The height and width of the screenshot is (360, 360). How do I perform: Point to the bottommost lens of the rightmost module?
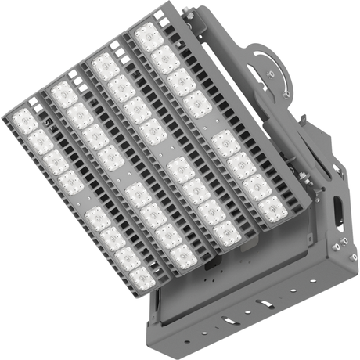(x=272, y=208)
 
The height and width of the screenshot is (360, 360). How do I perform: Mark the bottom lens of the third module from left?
(x=228, y=232)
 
